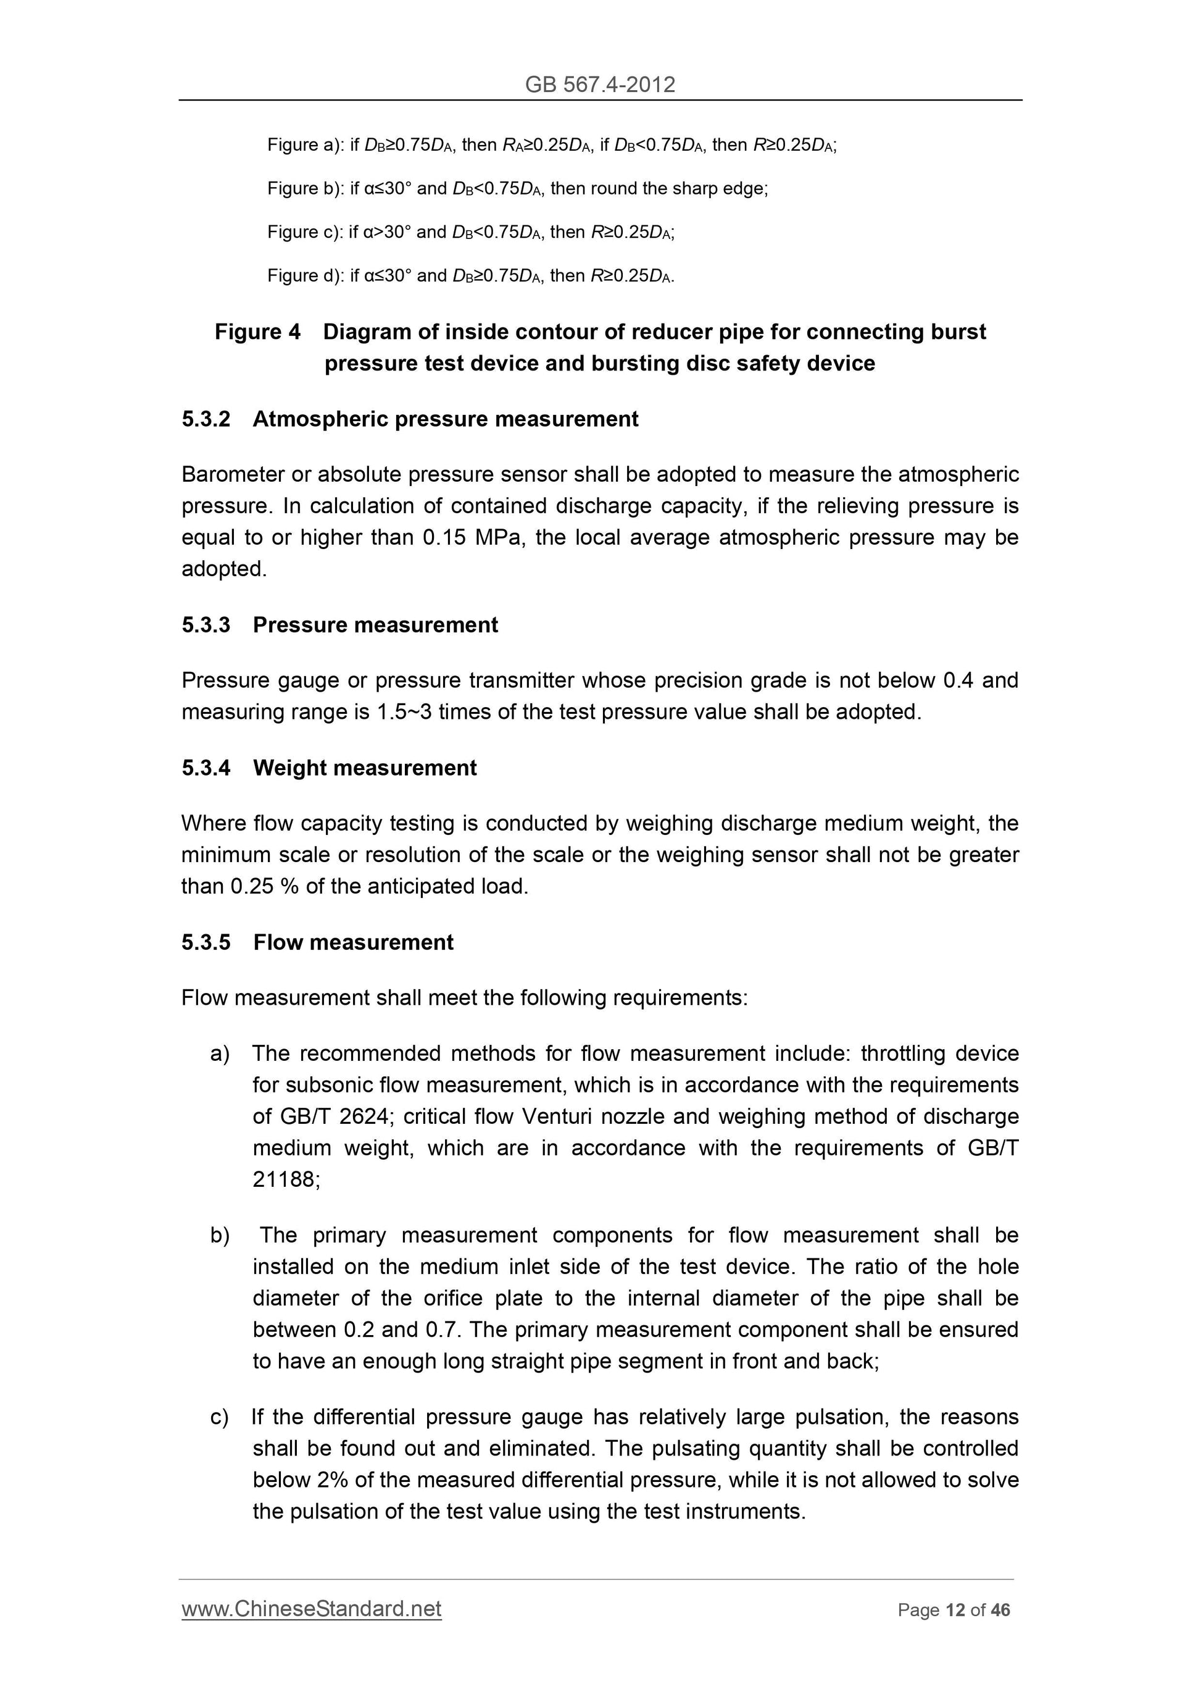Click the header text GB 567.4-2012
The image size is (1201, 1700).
(x=599, y=85)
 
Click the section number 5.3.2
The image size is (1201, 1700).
(x=206, y=419)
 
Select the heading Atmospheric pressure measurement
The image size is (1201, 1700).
(x=446, y=419)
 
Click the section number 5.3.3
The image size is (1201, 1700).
(x=206, y=625)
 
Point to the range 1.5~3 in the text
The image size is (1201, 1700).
(x=404, y=711)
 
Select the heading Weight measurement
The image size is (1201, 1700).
(x=365, y=768)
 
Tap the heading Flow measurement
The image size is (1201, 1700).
(x=353, y=942)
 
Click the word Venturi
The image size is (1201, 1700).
(x=555, y=1116)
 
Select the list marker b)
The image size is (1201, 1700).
(x=220, y=1235)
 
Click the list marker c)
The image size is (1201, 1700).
(x=219, y=1417)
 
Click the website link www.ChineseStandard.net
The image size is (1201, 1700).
(x=311, y=1609)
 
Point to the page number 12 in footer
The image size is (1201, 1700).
(x=955, y=1610)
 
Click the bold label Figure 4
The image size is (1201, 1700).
(x=257, y=332)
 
